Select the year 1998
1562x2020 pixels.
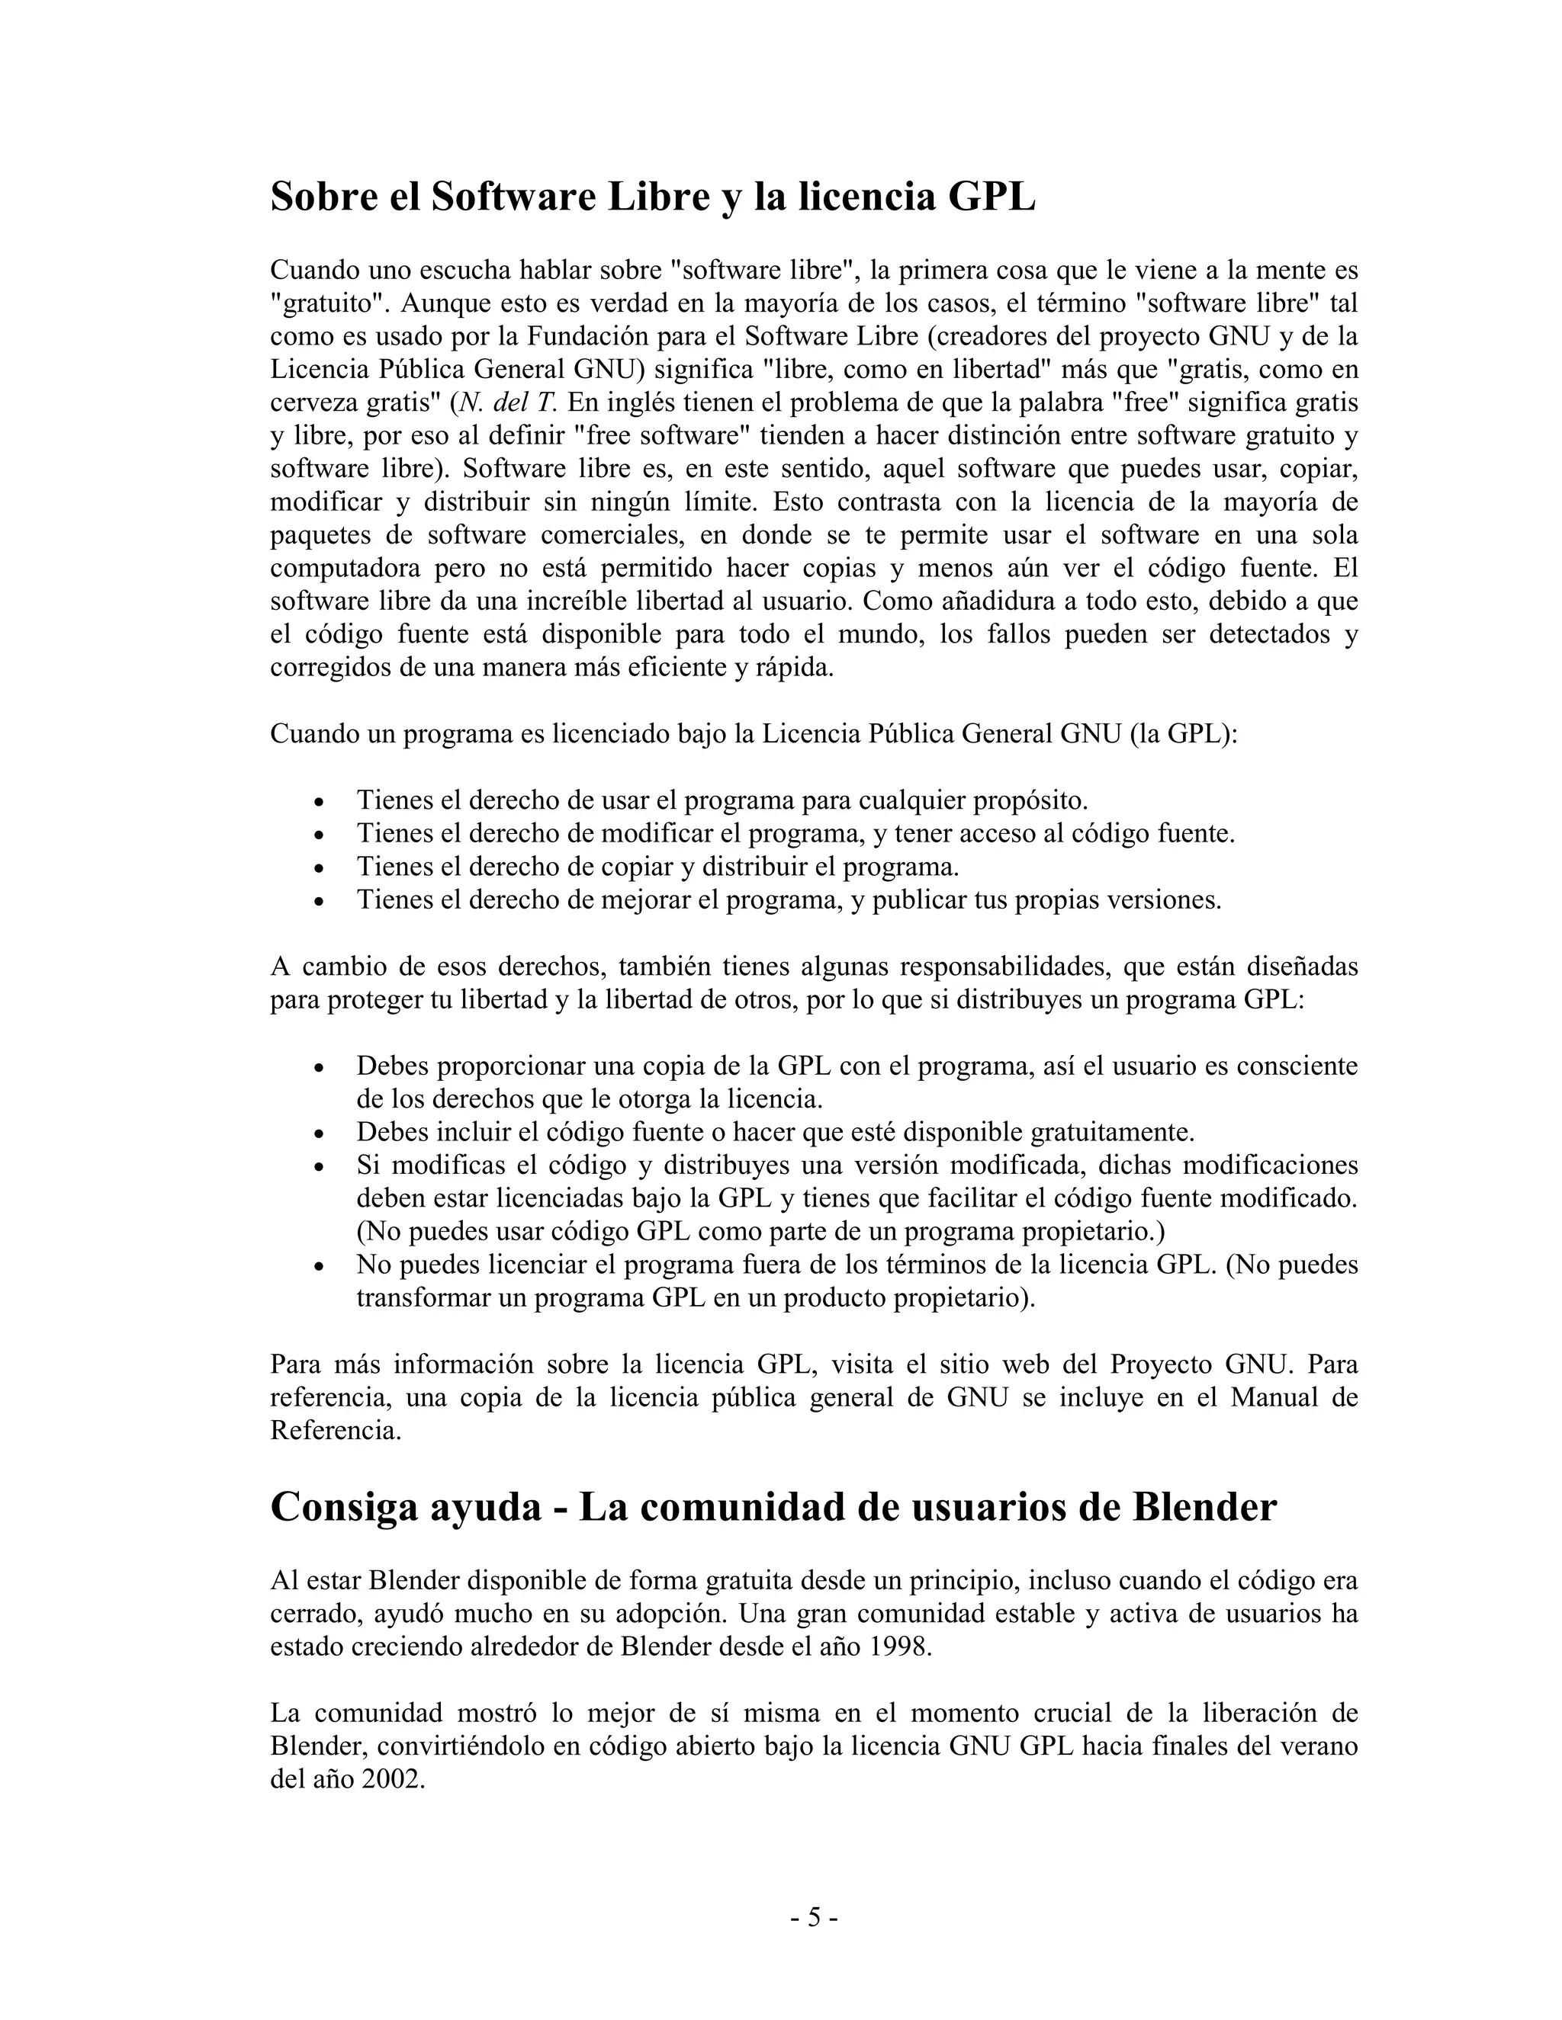(x=898, y=1647)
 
